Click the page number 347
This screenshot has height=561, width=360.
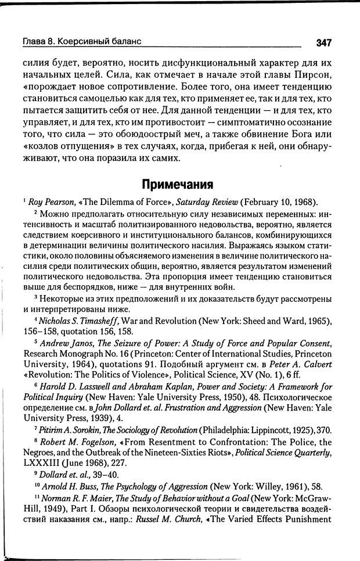point(323,42)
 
